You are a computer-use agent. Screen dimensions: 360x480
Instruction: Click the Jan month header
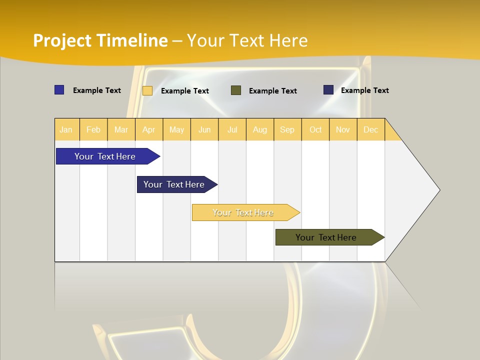point(66,129)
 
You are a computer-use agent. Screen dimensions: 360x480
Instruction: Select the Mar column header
point(121,129)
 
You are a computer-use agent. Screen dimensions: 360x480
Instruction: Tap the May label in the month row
point(176,129)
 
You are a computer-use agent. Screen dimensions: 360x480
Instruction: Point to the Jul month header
point(232,129)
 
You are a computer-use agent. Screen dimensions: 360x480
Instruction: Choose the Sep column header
point(287,129)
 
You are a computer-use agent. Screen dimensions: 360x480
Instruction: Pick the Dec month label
point(370,129)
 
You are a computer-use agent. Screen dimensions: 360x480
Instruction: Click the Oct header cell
point(315,129)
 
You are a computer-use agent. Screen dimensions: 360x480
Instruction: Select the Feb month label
point(93,129)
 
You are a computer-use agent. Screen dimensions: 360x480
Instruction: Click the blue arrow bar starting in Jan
point(105,156)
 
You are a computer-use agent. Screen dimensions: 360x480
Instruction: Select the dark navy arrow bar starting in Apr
point(174,184)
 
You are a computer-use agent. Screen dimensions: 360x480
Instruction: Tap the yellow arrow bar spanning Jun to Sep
point(243,212)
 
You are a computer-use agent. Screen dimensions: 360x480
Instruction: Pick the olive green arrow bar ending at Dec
point(326,237)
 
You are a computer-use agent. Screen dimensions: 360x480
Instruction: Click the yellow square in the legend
point(147,90)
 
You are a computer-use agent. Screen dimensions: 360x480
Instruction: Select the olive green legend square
point(236,90)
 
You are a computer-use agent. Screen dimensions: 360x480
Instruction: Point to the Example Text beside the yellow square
point(185,91)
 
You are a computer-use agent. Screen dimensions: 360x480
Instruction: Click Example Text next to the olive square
point(273,91)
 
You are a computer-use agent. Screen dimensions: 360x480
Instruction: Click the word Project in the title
point(62,40)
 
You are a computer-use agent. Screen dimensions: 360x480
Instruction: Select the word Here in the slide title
point(288,40)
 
